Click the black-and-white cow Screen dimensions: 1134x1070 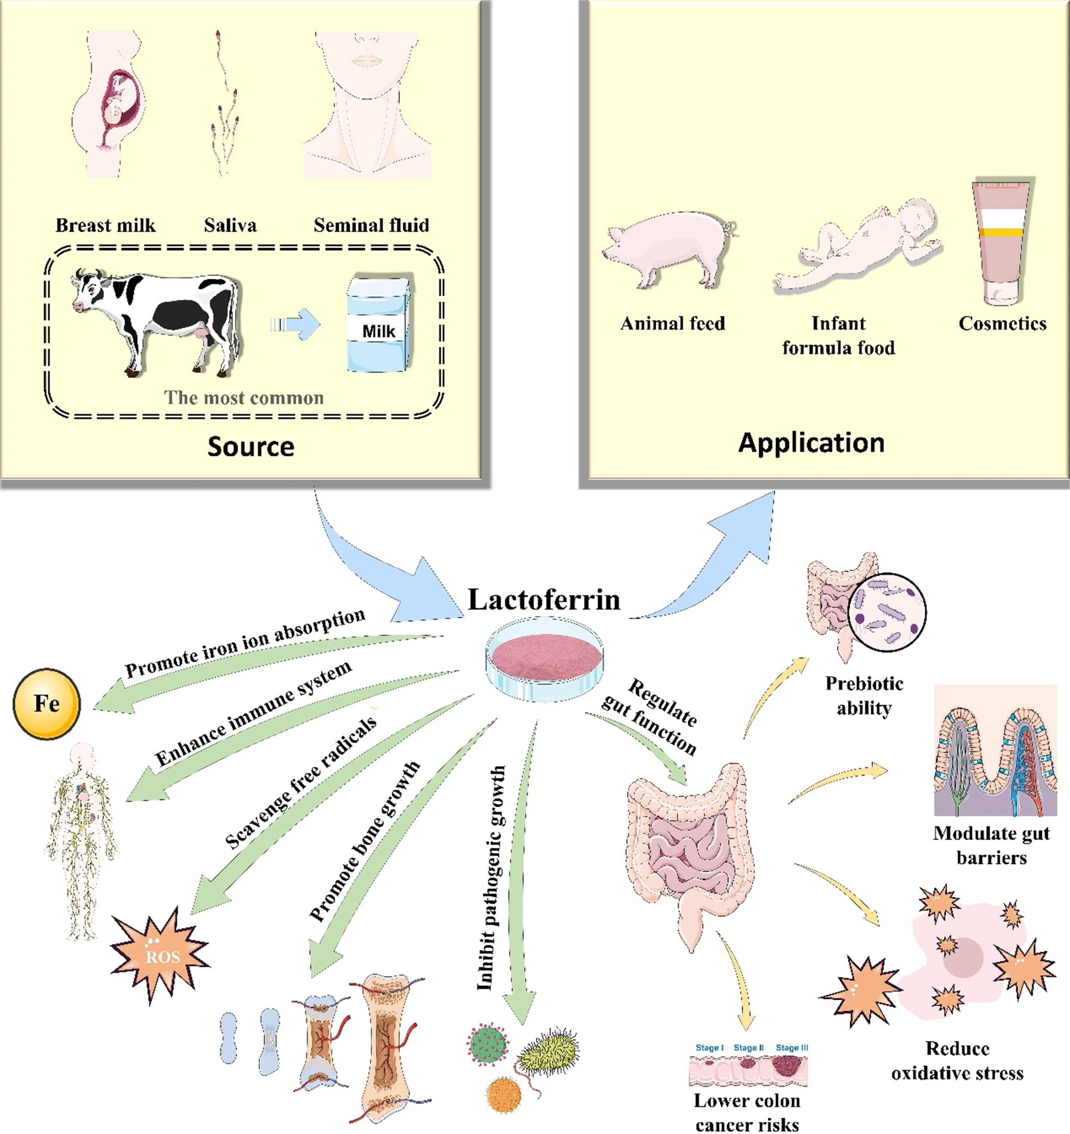(x=157, y=320)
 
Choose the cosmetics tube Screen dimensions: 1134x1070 (x=1002, y=242)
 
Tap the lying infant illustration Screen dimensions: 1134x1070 (x=855, y=245)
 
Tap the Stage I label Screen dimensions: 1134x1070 (x=709, y=1047)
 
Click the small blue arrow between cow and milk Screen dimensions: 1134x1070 (x=295, y=325)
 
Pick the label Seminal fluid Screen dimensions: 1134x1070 (x=371, y=225)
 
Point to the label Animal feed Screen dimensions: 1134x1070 (x=673, y=324)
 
